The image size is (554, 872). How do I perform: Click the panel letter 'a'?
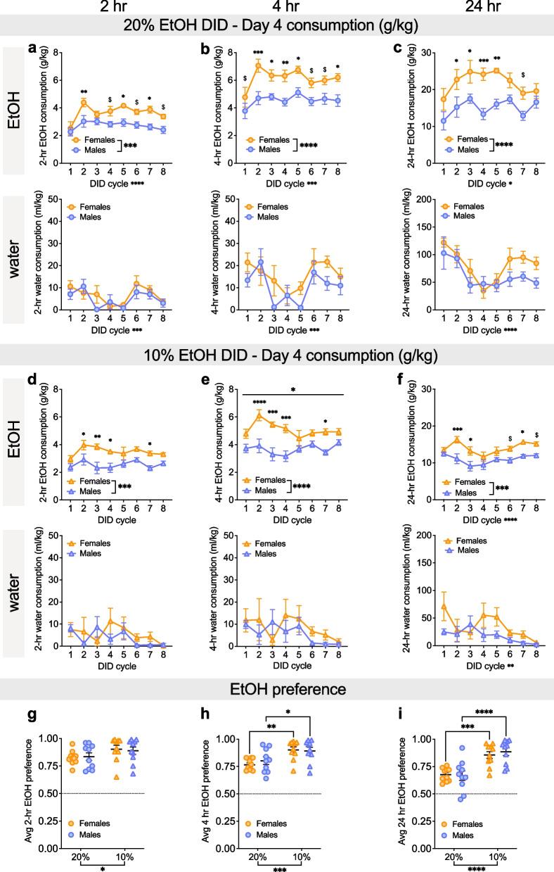click(x=51, y=49)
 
